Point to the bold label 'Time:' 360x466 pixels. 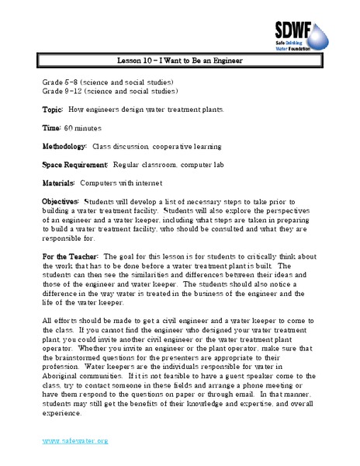pos(52,127)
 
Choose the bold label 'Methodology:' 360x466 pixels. pos(65,146)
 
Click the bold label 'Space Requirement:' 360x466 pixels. pos(75,164)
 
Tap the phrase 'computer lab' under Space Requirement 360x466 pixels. pos(197,164)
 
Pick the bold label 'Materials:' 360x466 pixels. pos(59,183)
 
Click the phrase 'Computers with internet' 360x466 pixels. pos(116,183)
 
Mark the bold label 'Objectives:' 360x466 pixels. pos(61,201)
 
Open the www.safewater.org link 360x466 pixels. pos(75,440)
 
